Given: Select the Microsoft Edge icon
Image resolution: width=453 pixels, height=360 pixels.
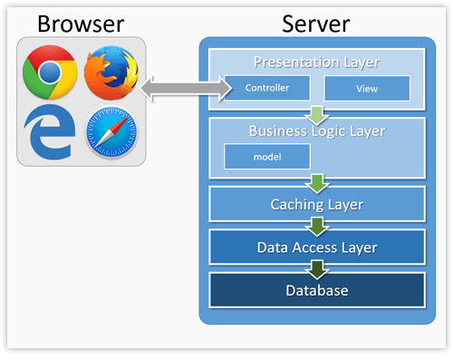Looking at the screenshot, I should coord(49,132).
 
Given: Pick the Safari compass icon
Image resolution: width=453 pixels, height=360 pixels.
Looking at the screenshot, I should coord(111,133).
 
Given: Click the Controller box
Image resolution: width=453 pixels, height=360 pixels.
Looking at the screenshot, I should coord(268,88).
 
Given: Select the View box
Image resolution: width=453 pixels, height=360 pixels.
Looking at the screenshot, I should coord(367,88).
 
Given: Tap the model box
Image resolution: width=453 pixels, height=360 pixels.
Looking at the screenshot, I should coord(267,156).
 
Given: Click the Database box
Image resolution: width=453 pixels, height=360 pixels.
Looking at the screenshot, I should coord(316,289).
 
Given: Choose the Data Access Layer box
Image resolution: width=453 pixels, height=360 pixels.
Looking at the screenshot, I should coord(316,246).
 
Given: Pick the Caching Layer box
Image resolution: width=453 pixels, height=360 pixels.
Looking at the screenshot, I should coord(316,204).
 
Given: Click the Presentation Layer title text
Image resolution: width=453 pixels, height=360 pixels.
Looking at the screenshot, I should coord(316,63).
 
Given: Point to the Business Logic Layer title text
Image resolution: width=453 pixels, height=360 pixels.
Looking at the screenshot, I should coord(316,131).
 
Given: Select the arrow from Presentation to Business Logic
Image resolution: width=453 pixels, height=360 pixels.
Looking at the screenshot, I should coord(316,115).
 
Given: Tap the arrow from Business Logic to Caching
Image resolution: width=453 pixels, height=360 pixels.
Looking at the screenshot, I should coord(316,184).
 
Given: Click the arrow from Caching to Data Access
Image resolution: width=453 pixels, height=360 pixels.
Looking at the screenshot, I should coord(316,226).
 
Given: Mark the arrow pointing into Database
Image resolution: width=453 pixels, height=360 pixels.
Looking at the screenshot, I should coord(316,268).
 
